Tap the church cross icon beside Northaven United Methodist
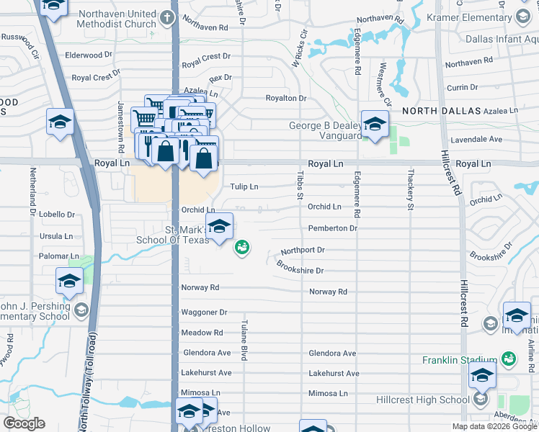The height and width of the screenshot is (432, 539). point(167,17)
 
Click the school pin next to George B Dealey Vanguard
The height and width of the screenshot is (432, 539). point(375,125)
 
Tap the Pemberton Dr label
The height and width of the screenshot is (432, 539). point(332,228)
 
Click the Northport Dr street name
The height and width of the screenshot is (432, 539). point(303,250)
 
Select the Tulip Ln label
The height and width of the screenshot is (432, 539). point(244,186)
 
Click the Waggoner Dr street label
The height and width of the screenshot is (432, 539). point(204,312)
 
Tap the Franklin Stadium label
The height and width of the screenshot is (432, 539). point(460,359)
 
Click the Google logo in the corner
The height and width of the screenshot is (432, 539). point(24,423)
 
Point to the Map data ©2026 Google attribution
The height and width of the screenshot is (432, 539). point(494,426)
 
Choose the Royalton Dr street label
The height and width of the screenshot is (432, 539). point(286,98)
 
